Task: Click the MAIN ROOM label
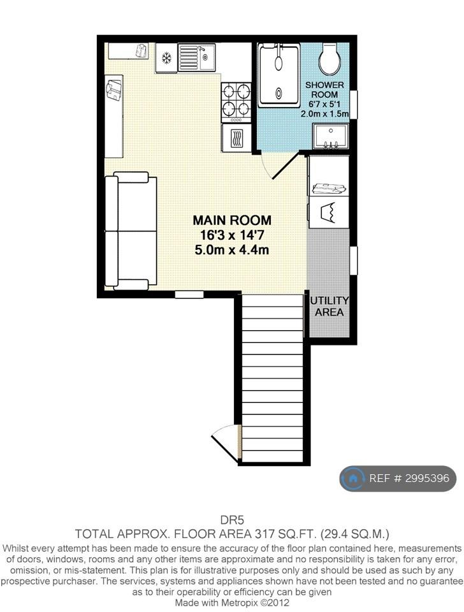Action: click(x=232, y=220)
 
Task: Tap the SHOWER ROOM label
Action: click(x=324, y=90)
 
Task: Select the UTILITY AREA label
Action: click(x=329, y=307)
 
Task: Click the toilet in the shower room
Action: click(x=330, y=59)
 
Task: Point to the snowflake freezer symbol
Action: click(x=166, y=59)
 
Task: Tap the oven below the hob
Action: click(x=236, y=138)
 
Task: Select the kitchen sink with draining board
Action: click(x=197, y=57)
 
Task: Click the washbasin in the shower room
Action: click(x=331, y=136)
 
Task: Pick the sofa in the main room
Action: click(x=131, y=231)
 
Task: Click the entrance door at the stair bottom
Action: click(x=227, y=443)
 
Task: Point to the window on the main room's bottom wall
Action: click(x=189, y=295)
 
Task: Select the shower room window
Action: click(x=354, y=104)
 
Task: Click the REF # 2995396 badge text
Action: click(x=409, y=478)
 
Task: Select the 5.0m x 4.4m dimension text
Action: click(x=232, y=249)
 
